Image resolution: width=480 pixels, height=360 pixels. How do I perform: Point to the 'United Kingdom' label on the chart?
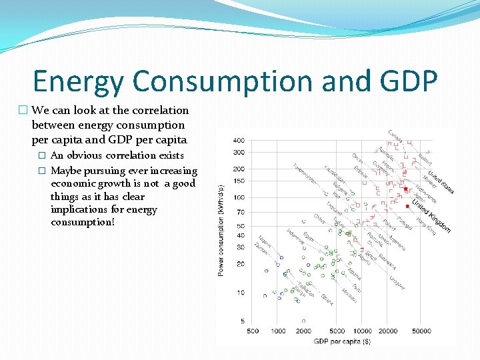pyautogui.click(x=431, y=215)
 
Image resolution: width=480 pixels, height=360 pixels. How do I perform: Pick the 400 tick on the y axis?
pyautogui.click(x=238, y=141)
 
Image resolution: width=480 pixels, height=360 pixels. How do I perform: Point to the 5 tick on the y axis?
pyautogui.click(x=242, y=321)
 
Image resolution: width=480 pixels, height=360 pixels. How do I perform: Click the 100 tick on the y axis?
pyautogui.click(x=238, y=197)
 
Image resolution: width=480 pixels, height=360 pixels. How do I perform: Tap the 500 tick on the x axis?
pyautogui.click(x=253, y=331)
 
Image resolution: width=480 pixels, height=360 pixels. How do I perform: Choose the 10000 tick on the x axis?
pyautogui.click(x=363, y=331)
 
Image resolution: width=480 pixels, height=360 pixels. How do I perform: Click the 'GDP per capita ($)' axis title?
pyautogui.click(x=341, y=341)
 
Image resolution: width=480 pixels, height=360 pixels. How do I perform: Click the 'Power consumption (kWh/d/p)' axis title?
pyautogui.click(x=221, y=230)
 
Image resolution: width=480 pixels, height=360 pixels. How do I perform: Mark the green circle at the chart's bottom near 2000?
pyautogui.click(x=303, y=321)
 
